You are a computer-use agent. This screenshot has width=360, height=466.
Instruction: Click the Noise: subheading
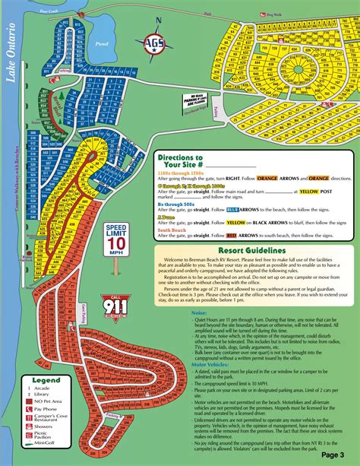[200, 311]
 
